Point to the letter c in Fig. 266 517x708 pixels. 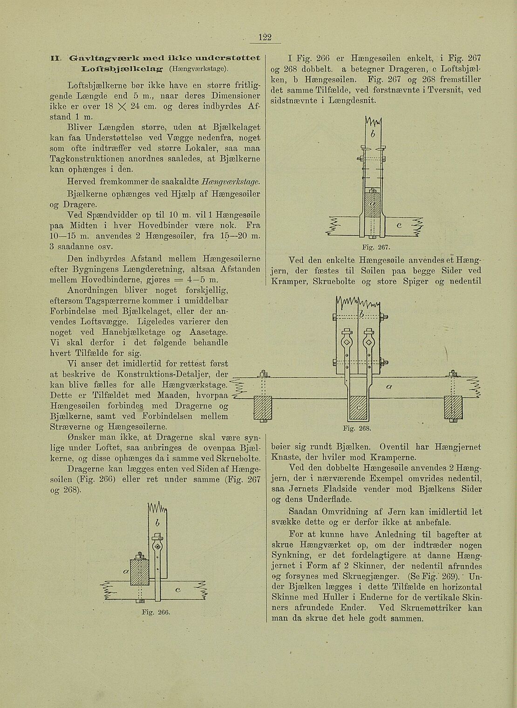click(177, 590)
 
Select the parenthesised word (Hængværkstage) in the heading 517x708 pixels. click(198, 69)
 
